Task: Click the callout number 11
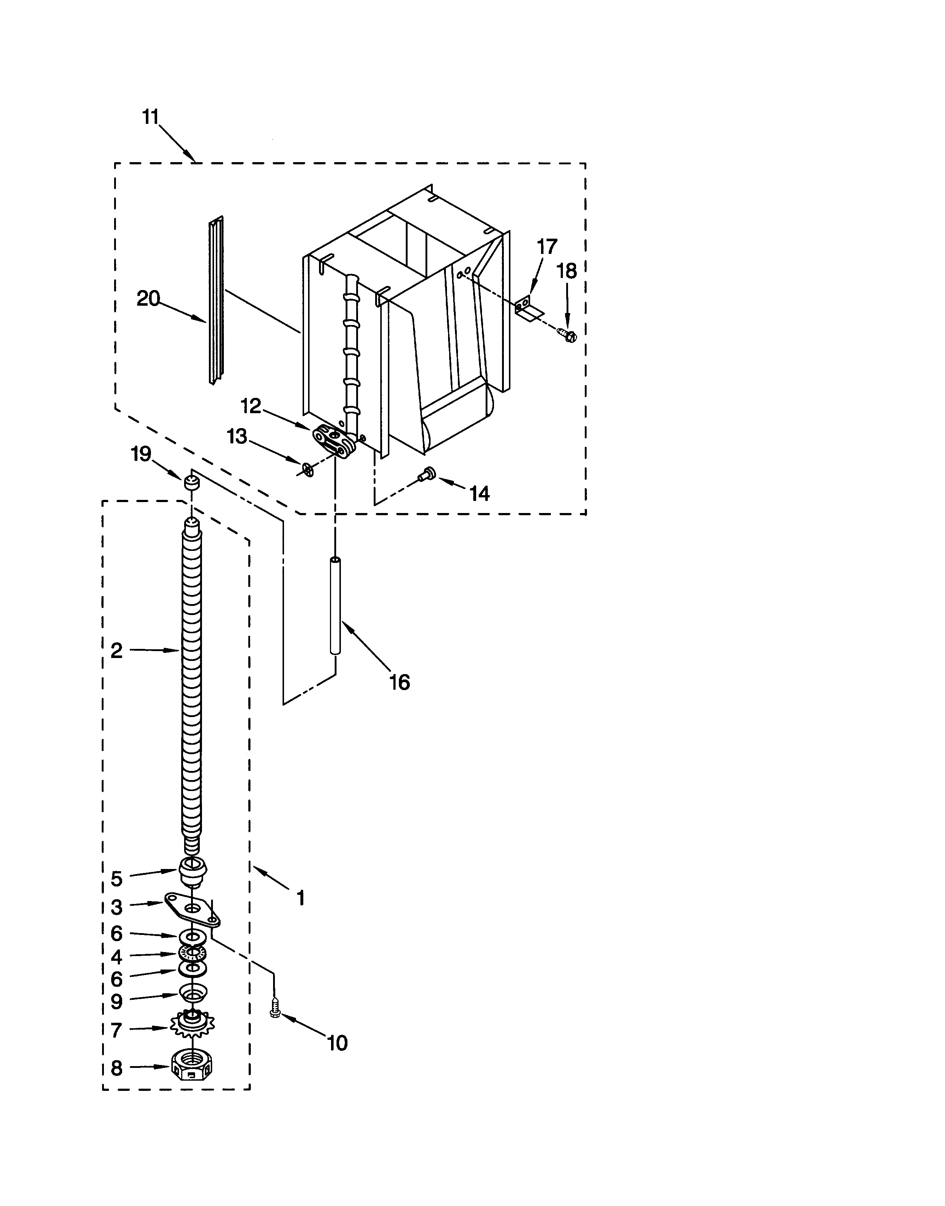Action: tap(151, 117)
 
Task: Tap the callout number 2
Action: tap(116, 651)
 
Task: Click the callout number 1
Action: tap(300, 898)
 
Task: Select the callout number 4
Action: tap(116, 957)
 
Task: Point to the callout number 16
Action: tap(400, 682)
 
